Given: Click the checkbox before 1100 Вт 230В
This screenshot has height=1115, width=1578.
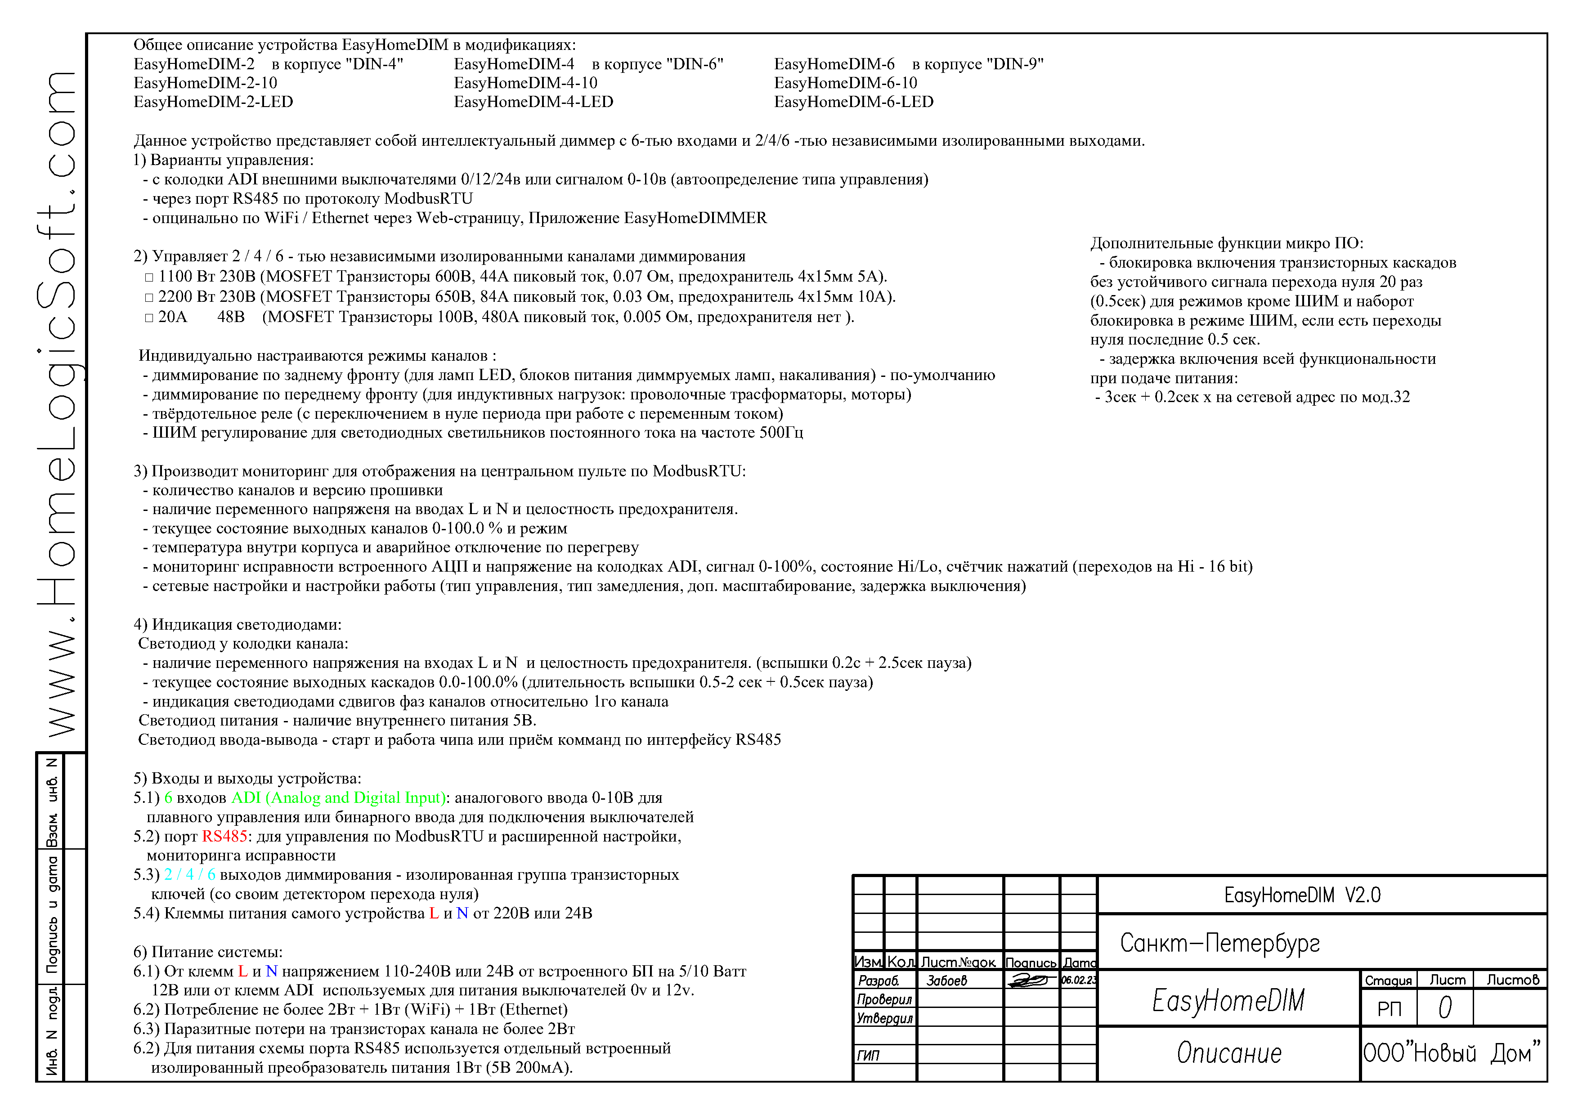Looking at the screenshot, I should pos(149,278).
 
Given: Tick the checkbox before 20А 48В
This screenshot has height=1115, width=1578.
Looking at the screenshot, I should pos(149,318).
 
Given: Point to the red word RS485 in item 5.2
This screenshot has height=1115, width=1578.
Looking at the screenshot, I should pos(224,837).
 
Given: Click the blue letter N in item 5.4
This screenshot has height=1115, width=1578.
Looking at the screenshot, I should pos(462,913).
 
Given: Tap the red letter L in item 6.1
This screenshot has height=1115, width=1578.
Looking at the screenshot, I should pos(242,972).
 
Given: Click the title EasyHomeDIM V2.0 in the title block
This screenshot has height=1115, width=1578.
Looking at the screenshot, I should pos(1302,895).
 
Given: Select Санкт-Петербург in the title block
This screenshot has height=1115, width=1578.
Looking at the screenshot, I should pos(1220,943).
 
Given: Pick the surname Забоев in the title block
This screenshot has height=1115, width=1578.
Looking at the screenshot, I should pos(947,981).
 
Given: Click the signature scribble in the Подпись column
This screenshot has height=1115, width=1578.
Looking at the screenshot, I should pos(1031,981).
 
